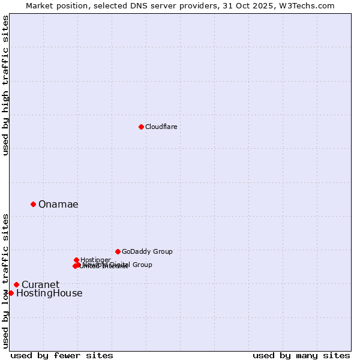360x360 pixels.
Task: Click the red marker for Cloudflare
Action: coord(141,127)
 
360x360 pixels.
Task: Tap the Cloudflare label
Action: coord(161,127)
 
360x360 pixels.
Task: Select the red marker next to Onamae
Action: coord(33,204)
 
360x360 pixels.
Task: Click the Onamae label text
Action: coord(58,205)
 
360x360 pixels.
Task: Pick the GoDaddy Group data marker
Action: coord(118,251)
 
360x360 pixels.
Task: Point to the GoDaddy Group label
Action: coord(147,251)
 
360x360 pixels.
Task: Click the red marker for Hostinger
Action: coord(76,260)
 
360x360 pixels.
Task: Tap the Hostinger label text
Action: coord(95,260)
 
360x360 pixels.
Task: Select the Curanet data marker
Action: coord(16,284)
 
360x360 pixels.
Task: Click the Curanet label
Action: coord(40,284)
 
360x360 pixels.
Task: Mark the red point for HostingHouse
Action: coord(11,293)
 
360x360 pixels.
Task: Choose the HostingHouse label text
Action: coord(49,293)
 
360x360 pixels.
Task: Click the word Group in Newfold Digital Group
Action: coord(142,265)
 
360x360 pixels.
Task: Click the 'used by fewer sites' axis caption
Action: coord(62,355)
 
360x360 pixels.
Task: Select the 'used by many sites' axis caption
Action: coord(301,355)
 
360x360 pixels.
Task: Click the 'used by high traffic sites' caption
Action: coord(5,85)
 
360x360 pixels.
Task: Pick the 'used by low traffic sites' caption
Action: coord(5,280)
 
